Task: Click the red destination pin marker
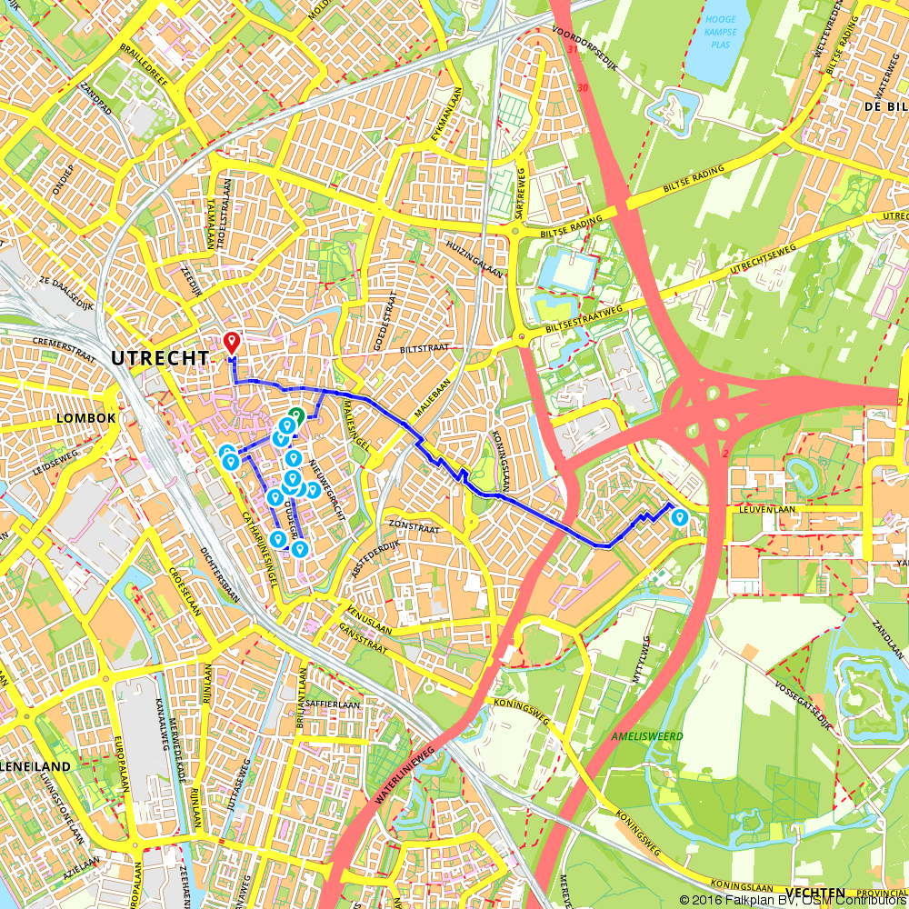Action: [231, 342]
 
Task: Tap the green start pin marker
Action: [294, 419]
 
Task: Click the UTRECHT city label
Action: [159, 359]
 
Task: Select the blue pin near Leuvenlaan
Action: [679, 517]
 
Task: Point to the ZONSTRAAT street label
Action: [413, 525]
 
